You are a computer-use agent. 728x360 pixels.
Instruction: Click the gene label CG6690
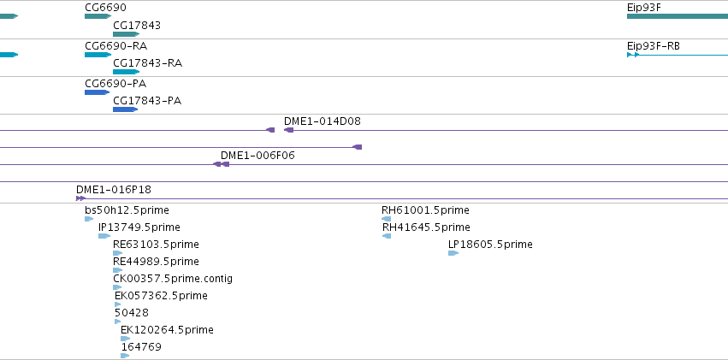(x=105, y=8)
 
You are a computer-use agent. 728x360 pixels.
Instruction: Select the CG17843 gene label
(x=137, y=26)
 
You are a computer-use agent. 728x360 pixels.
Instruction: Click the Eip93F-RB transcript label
(x=654, y=46)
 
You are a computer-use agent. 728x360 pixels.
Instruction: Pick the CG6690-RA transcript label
(x=116, y=46)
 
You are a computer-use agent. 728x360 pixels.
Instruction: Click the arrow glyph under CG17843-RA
(x=127, y=72)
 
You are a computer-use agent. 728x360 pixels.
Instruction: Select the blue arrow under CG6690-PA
(x=98, y=92)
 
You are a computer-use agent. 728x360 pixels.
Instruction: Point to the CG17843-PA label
(x=147, y=101)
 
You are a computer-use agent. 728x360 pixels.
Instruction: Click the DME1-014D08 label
(x=323, y=121)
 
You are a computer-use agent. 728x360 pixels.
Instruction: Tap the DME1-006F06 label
(x=257, y=156)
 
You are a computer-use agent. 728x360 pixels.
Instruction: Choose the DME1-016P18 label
(x=114, y=190)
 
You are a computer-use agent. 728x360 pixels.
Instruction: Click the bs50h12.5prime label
(x=127, y=210)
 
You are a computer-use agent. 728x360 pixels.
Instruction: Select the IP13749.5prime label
(x=139, y=227)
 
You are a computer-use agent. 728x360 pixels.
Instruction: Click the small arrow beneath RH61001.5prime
(x=387, y=219)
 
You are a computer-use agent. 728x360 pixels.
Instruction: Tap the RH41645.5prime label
(x=426, y=227)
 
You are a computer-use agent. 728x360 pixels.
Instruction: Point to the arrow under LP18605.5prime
(x=453, y=253)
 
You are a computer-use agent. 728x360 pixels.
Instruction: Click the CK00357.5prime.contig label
(x=173, y=279)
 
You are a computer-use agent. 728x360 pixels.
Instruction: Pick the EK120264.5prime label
(x=167, y=330)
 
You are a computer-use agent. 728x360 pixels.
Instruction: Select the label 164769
(x=141, y=347)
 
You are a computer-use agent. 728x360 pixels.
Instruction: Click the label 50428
(x=132, y=313)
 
